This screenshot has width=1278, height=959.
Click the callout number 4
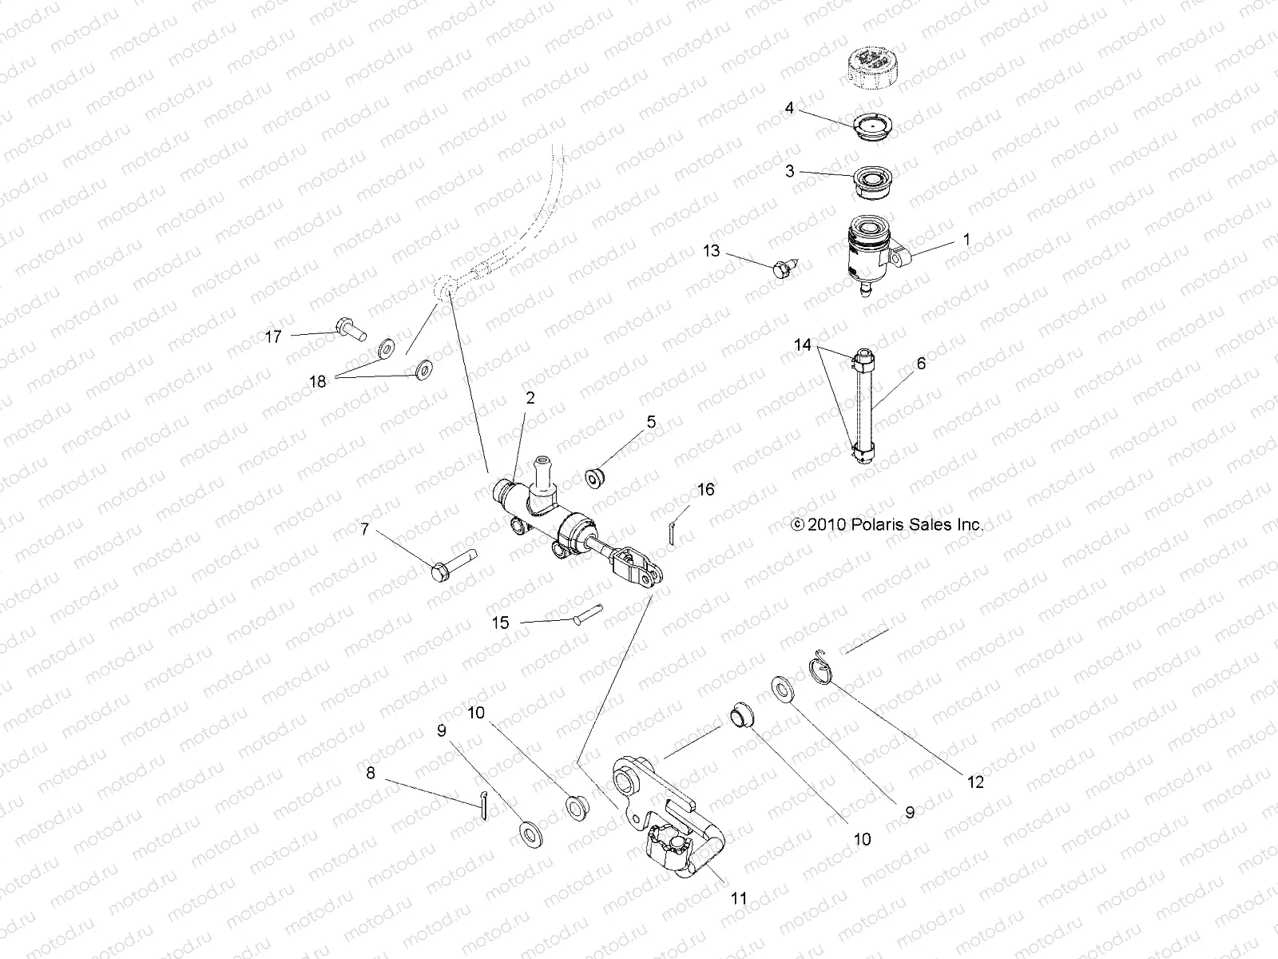(x=789, y=107)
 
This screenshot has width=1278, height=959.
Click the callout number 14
(x=803, y=345)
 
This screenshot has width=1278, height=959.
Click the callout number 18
(x=318, y=382)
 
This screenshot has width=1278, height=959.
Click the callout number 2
(x=530, y=397)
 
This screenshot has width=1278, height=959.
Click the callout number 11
(x=739, y=898)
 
